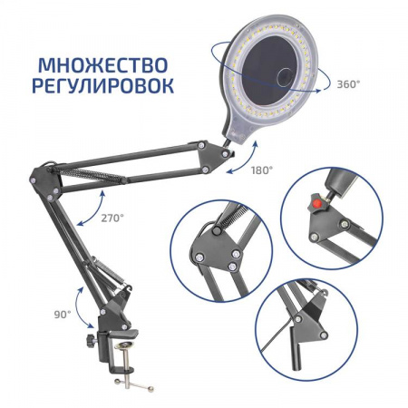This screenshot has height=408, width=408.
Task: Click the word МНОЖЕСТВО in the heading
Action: point(103,65)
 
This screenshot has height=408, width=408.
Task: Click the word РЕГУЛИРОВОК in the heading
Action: point(102,86)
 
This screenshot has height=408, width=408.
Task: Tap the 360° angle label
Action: point(348,84)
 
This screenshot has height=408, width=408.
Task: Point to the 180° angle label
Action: point(262,170)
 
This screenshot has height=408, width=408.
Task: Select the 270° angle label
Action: point(112,218)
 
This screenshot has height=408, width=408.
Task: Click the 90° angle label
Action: point(63,315)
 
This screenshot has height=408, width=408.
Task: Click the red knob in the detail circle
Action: point(316,206)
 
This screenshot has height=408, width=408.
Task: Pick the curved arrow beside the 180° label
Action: point(247,160)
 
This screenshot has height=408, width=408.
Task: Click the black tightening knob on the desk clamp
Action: point(91,341)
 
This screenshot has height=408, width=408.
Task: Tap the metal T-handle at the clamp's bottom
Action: point(134,384)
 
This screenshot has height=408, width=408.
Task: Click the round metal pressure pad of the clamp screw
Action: point(126,345)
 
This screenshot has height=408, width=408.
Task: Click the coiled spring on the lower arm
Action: point(108,270)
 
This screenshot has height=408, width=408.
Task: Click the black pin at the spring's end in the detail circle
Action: point(216,231)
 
